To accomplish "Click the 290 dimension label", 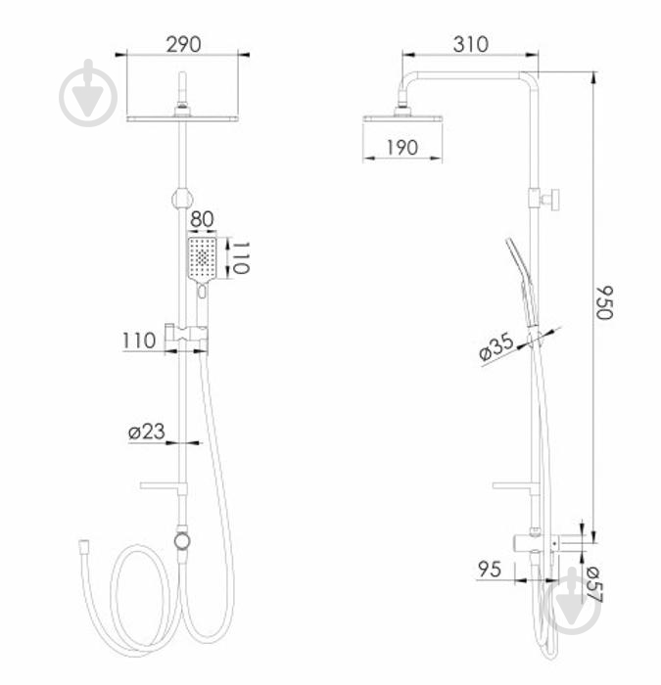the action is (184, 45).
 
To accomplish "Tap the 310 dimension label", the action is (471, 45).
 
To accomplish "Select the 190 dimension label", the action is (402, 148).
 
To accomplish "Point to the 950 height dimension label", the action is (605, 303).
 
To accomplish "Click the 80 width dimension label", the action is (202, 219).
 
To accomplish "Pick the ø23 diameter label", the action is (147, 432).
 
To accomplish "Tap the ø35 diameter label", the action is (496, 346).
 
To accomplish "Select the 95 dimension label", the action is (490, 570).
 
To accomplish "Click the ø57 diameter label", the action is (593, 584).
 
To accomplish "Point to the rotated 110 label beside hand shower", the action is (241, 257).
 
